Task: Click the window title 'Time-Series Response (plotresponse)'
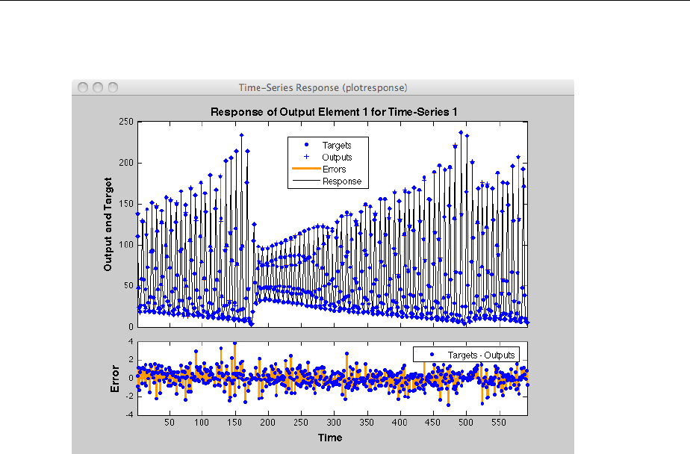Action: pos(323,87)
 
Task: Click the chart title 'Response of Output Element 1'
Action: pos(333,112)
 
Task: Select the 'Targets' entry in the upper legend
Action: pos(336,146)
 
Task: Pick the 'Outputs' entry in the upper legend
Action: pos(336,158)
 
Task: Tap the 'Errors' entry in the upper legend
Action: pos(334,170)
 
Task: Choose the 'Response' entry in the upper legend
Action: pos(341,181)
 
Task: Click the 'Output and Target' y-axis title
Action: pos(108,224)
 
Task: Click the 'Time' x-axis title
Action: pos(329,437)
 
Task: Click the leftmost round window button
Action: pos(83,87)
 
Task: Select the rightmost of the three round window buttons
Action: pos(113,87)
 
